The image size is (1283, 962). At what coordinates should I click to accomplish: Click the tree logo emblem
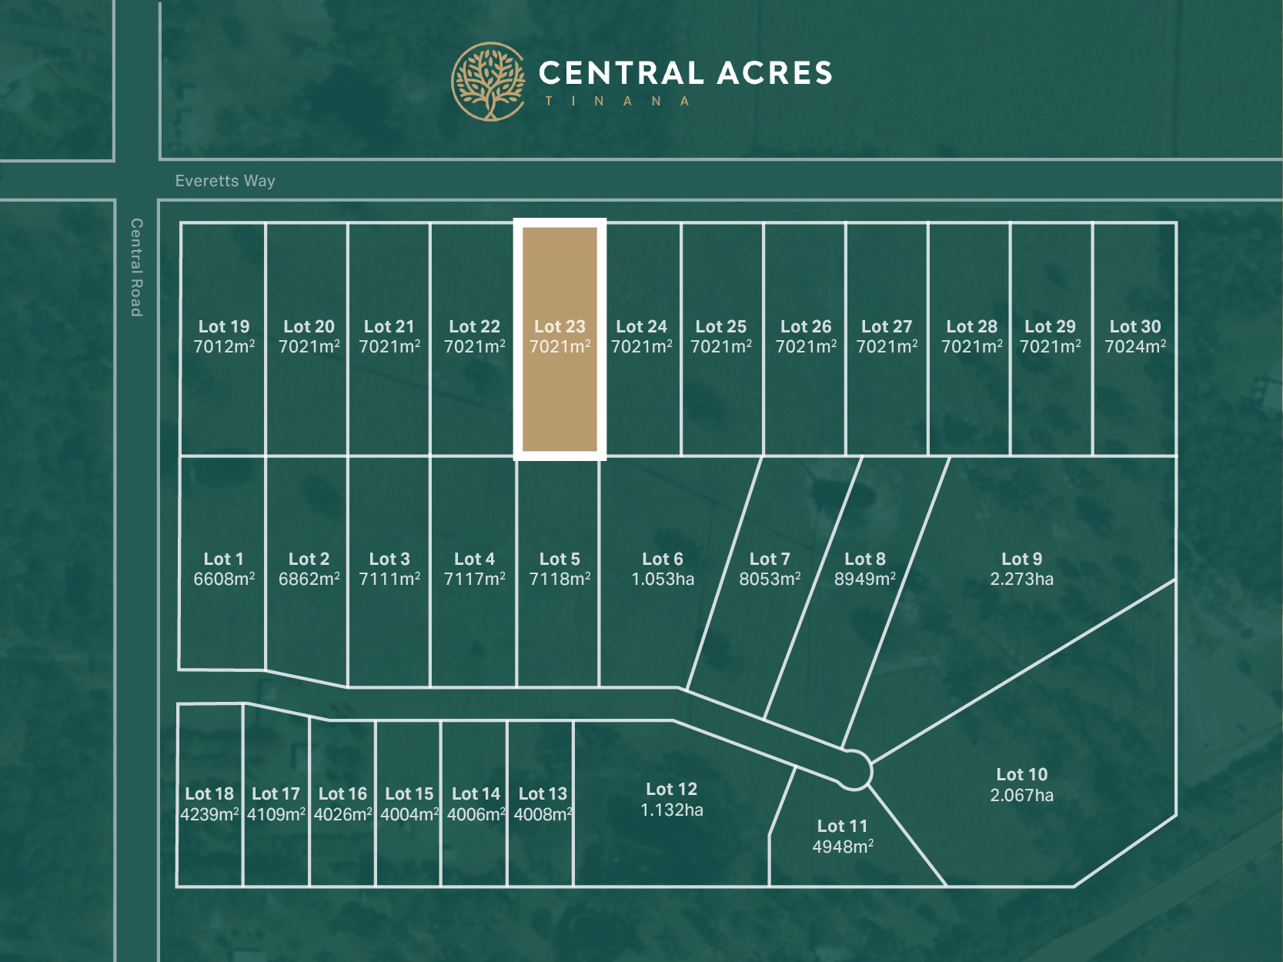point(488,82)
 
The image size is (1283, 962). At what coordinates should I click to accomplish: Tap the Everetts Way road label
point(225,181)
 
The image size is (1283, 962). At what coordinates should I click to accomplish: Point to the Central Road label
point(136,267)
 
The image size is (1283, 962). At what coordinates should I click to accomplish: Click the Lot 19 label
point(224,326)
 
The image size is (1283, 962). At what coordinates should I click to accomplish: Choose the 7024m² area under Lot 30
point(1135,347)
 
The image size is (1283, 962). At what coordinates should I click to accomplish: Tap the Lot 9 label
point(1021,559)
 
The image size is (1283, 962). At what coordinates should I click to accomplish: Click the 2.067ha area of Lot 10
point(1021,795)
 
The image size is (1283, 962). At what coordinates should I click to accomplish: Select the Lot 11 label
point(842,826)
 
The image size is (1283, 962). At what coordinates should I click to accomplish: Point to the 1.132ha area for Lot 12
point(671,810)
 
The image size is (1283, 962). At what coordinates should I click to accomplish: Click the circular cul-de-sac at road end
point(853,770)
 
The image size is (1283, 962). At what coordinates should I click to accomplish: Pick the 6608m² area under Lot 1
point(224,579)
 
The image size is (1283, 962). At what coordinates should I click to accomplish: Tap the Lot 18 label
point(209,793)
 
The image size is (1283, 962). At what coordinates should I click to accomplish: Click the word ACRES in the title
point(775,74)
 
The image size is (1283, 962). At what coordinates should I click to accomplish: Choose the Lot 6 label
point(663,559)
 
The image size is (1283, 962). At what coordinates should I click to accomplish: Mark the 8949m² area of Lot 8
point(865,579)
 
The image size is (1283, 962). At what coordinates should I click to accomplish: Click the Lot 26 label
point(806,326)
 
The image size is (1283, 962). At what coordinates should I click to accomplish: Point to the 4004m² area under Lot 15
point(409,814)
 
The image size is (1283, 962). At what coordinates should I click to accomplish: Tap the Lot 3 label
point(389,559)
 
